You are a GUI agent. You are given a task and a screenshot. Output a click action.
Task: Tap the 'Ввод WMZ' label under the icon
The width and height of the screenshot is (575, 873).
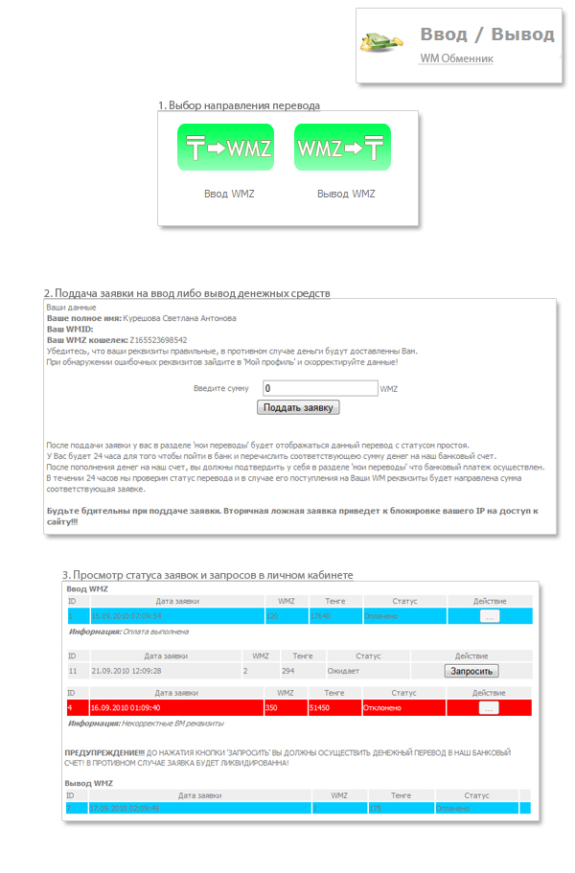pyautogui.click(x=230, y=194)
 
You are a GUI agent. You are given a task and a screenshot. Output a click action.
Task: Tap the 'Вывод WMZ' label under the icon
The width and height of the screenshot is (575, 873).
pyautogui.click(x=346, y=194)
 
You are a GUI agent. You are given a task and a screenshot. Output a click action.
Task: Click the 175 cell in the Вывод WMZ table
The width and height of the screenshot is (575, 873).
pyautogui.click(x=377, y=809)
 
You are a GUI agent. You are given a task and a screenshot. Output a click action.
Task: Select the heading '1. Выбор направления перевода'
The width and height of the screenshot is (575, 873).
pyautogui.click(x=239, y=104)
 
